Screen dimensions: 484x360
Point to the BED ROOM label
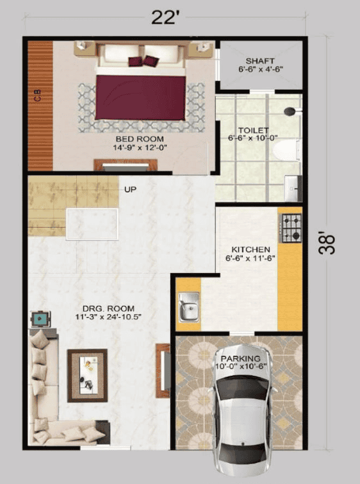pyautogui.click(x=140, y=139)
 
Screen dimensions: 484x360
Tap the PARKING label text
pyautogui.click(x=241, y=358)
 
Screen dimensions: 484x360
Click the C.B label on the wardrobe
pyautogui.click(x=38, y=97)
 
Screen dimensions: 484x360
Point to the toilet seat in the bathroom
pyautogui.click(x=286, y=150)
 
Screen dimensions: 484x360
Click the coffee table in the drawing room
pyautogui.click(x=87, y=375)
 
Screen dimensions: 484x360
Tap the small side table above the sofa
pyautogui.click(x=41, y=319)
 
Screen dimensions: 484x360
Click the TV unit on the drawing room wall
pyautogui.click(x=163, y=371)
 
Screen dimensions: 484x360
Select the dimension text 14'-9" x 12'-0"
pyautogui.click(x=140, y=148)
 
